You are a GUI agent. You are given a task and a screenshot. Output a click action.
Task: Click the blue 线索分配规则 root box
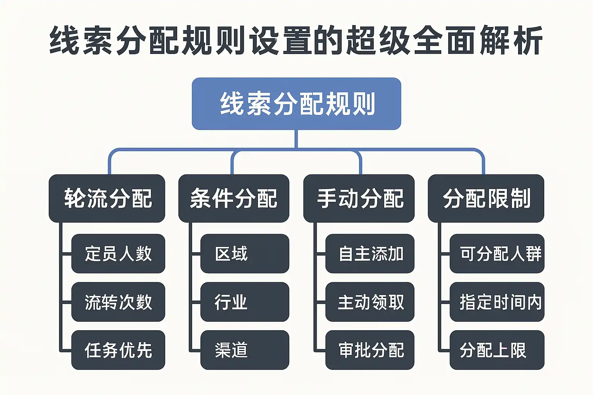point(296,103)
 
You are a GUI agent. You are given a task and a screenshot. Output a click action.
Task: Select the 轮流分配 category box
point(107,198)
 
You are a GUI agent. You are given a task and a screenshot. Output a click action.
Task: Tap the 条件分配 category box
point(234,198)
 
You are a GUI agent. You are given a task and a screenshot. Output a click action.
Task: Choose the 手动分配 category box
point(359,198)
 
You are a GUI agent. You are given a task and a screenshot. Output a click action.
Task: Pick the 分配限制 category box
point(486,198)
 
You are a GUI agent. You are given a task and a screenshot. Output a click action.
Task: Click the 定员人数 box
point(118,253)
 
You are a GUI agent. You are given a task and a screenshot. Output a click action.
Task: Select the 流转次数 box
point(118,302)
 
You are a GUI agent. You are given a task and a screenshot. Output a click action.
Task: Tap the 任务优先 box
point(118,350)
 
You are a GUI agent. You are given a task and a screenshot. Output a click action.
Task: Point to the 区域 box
point(244,253)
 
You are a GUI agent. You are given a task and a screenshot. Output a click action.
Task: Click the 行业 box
point(244,302)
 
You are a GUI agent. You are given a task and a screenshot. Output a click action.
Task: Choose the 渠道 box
point(244,350)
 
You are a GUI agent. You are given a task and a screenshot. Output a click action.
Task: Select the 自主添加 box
point(370,253)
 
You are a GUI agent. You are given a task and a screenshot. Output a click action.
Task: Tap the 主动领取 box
point(370,302)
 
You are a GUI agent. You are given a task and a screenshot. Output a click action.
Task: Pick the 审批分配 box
point(370,350)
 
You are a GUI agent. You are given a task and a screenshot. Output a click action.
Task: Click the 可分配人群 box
point(497,253)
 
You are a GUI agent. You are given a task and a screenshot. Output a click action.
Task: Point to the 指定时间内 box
point(497,302)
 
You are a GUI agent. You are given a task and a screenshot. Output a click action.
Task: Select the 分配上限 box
point(497,350)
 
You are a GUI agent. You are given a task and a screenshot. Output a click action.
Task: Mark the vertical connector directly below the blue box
point(296,139)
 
